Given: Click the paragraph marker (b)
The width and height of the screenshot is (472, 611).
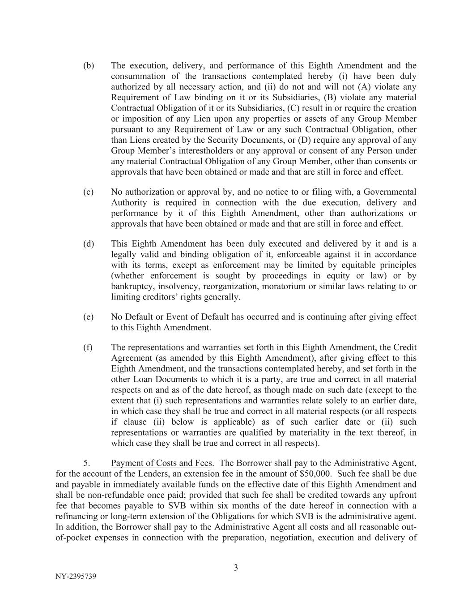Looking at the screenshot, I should [x=89, y=66].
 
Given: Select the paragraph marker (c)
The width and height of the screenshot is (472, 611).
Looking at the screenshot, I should [x=89, y=192].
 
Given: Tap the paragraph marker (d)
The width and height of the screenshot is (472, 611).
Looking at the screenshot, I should [x=89, y=244].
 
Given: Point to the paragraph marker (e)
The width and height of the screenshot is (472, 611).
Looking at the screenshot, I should [x=89, y=317].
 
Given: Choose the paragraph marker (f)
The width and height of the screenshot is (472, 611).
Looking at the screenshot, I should [x=88, y=347].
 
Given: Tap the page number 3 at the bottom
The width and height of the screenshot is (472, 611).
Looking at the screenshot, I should [x=236, y=568].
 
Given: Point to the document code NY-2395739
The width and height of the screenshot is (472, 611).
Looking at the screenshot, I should [x=76, y=577].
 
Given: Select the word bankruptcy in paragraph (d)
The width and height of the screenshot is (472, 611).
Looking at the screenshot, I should [x=131, y=286].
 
